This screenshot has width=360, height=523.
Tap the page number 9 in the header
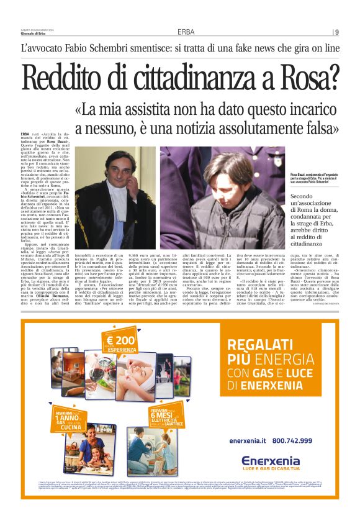pyautogui.click(x=336, y=32)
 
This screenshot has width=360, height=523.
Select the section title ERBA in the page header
pyautogui.click(x=186, y=32)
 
